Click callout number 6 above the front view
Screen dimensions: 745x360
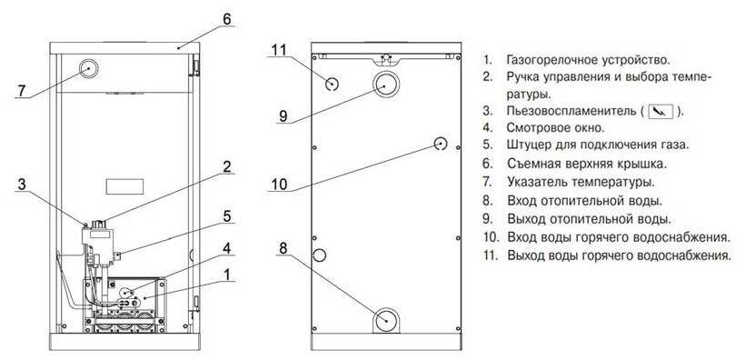pyautogui.click(x=226, y=19)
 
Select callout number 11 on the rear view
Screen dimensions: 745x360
pyautogui.click(x=280, y=49)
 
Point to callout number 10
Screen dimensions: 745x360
pyautogui.click(x=280, y=184)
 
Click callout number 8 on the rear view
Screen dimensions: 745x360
pyautogui.click(x=283, y=248)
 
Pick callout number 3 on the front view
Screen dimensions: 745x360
pyautogui.click(x=21, y=184)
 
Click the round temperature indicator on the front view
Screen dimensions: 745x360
pyautogui.click(x=88, y=69)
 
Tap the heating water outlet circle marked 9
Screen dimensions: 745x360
pyautogui.click(x=386, y=85)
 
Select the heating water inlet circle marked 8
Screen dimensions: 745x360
pyautogui.click(x=386, y=320)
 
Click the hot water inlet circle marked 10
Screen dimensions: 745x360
pyautogui.click(x=442, y=144)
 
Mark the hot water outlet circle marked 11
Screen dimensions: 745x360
pyautogui.click(x=332, y=85)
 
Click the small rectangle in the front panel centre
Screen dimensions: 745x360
pyautogui.click(x=125, y=186)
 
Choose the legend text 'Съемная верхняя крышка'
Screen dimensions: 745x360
pyautogui.click(x=587, y=165)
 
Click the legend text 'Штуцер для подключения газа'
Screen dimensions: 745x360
pyautogui.click(x=598, y=145)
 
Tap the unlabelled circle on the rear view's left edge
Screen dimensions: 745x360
pyautogui.click(x=319, y=255)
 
